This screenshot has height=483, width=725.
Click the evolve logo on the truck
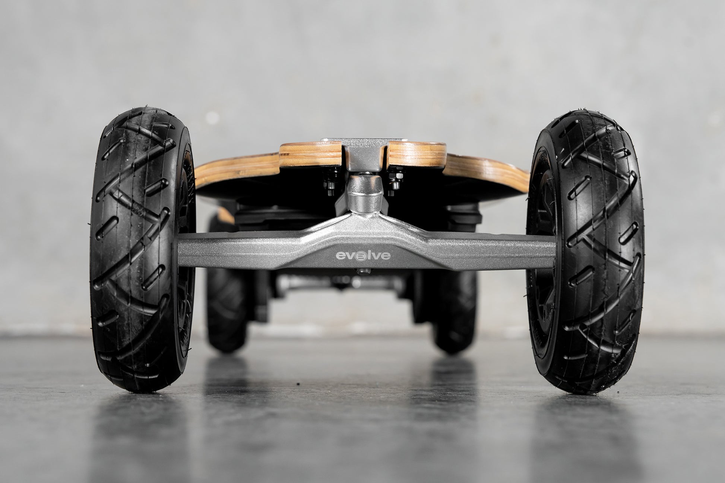[x=358, y=255]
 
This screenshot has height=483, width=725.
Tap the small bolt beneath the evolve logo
[x=361, y=271]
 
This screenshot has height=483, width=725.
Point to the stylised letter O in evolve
[x=358, y=255]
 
